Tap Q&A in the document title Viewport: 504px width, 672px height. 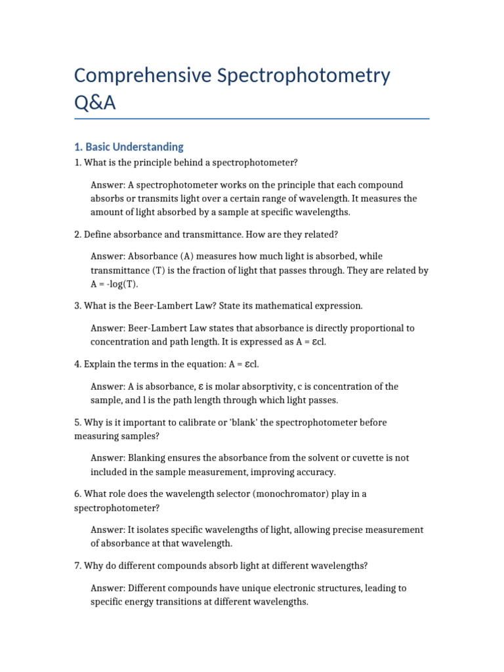94,104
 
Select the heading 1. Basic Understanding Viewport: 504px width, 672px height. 129,147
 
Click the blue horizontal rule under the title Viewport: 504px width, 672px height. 252,119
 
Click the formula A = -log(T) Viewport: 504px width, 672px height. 115,284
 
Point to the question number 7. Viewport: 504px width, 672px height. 77,566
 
